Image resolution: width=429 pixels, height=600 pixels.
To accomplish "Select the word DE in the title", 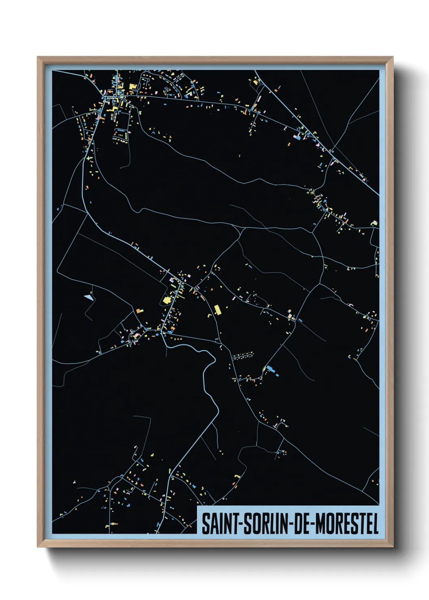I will [x=300, y=524].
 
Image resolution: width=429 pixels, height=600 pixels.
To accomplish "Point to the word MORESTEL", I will [x=347, y=524].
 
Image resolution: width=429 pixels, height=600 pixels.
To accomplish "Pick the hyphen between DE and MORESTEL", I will [x=313, y=524].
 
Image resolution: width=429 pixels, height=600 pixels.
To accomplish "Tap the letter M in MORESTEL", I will [x=320, y=524].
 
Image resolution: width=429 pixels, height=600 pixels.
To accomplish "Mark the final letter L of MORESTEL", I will [x=375, y=524].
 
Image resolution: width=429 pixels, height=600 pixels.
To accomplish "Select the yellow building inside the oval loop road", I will [x=166, y=300].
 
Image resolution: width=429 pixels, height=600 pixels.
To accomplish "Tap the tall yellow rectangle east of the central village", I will [x=217, y=310].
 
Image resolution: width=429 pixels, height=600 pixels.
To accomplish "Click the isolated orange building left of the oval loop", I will [x=140, y=311].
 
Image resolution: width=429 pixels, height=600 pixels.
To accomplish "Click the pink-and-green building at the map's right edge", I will [x=374, y=223].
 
